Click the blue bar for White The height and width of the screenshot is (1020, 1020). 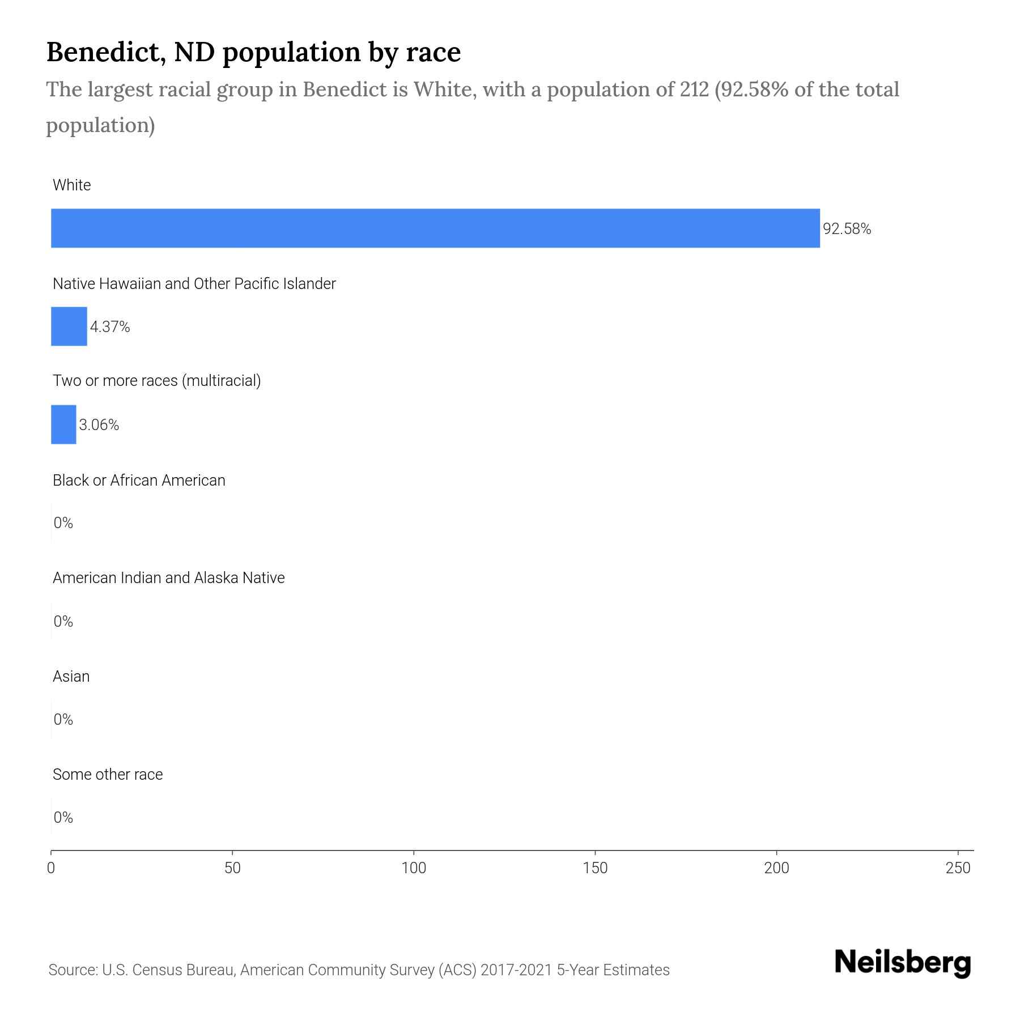[x=435, y=228]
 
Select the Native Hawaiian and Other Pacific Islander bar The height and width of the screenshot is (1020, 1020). [x=69, y=326]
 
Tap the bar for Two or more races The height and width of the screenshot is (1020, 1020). [x=63, y=424]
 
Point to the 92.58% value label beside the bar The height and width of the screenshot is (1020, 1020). [x=847, y=229]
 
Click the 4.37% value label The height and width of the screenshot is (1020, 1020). [x=110, y=327]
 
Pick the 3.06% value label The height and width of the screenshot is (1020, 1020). [x=99, y=425]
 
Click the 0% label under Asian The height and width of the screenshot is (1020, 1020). [x=63, y=720]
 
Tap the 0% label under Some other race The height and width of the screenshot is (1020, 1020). [x=63, y=817]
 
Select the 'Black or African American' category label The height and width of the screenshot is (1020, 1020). [x=139, y=481]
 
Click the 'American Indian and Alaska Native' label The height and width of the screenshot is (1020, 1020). [x=168, y=578]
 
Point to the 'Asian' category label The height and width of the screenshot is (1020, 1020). [x=71, y=677]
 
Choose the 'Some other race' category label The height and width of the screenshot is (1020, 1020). [x=108, y=775]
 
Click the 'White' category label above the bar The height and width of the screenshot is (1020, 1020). [x=71, y=185]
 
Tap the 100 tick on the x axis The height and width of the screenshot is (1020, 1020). [x=414, y=868]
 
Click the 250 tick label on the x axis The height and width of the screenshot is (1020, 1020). [x=958, y=868]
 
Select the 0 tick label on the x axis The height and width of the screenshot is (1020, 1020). [x=51, y=868]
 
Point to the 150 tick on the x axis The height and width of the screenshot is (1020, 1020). [x=595, y=868]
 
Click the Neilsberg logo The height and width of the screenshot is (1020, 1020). [x=903, y=963]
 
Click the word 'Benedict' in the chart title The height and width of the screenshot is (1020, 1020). [x=106, y=52]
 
